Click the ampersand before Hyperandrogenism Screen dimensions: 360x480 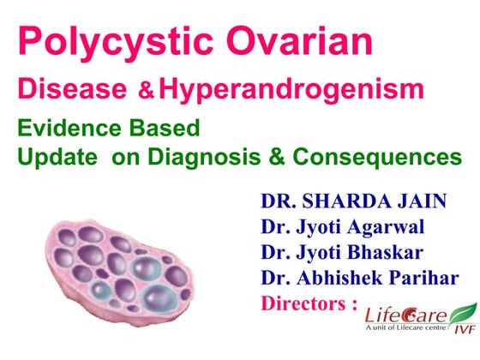click(x=152, y=90)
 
